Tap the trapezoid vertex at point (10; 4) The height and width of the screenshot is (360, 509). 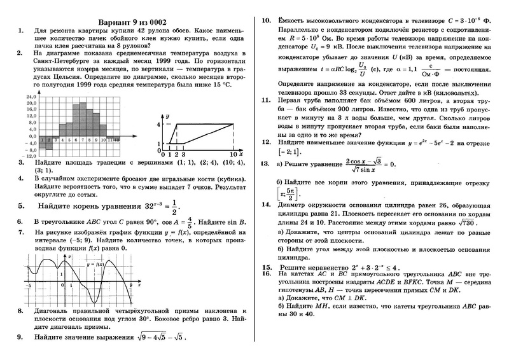pyautogui.click(x=234, y=125)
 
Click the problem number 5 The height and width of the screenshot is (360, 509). pyautogui.click(x=20, y=207)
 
